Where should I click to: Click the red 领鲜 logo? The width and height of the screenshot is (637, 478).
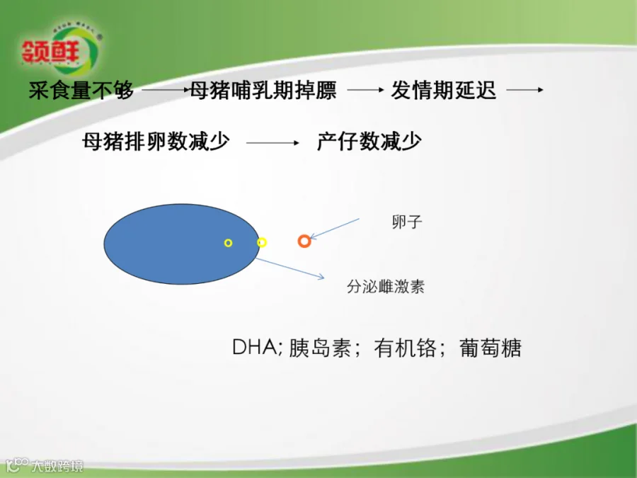tap(52, 52)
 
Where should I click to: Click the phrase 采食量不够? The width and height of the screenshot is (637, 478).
tap(81, 90)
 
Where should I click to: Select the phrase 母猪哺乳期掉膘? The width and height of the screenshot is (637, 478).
tap(263, 90)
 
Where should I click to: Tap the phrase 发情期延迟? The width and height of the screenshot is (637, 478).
tap(443, 90)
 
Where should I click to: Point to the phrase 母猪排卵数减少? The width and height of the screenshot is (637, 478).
tap(156, 142)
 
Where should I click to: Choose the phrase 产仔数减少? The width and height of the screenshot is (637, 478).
tap(369, 142)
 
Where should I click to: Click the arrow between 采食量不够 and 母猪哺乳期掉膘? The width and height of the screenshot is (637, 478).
tap(166, 90)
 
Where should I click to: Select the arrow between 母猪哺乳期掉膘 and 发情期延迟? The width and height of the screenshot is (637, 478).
tap(366, 90)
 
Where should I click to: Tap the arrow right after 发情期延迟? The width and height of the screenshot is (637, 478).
tap(525, 90)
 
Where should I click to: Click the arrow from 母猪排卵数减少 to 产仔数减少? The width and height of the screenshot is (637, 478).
tap(272, 142)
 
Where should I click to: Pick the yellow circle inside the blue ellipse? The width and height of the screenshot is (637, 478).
tap(229, 243)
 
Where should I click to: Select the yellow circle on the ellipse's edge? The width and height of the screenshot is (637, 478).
tap(262, 243)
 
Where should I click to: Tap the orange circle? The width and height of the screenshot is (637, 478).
tap(304, 241)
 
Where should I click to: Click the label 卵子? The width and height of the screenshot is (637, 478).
tap(407, 222)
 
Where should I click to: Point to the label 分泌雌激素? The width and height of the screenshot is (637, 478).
tap(386, 287)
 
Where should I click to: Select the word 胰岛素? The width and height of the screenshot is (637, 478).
tap(320, 348)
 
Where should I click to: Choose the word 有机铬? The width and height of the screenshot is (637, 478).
tap(405, 348)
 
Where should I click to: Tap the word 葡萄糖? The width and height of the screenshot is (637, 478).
tap(490, 348)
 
